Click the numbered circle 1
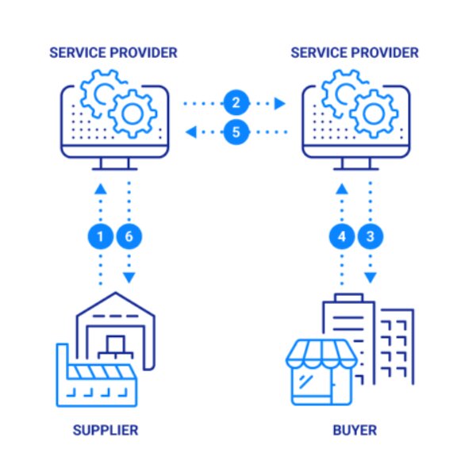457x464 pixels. click(100, 236)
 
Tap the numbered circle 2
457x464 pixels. click(236, 103)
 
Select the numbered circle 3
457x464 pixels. click(371, 236)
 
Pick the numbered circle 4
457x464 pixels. click(342, 236)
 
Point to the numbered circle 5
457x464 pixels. click(236, 132)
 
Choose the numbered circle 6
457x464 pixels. click(129, 236)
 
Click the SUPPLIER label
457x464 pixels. click(106, 430)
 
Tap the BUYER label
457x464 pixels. click(355, 430)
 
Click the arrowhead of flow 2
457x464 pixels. click(280, 104)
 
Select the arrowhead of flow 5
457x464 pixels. click(191, 132)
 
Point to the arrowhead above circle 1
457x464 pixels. click(100, 189)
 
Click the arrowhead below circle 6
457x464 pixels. click(129, 278)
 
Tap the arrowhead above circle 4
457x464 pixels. click(342, 189)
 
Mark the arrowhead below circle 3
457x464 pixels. click(371, 278)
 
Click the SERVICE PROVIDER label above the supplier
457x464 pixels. click(113, 52)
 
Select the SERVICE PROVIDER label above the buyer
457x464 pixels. click(355, 52)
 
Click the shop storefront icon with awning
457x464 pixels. click(321, 372)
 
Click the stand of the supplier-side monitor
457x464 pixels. click(114, 164)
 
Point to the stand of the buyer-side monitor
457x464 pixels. click(356, 164)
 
